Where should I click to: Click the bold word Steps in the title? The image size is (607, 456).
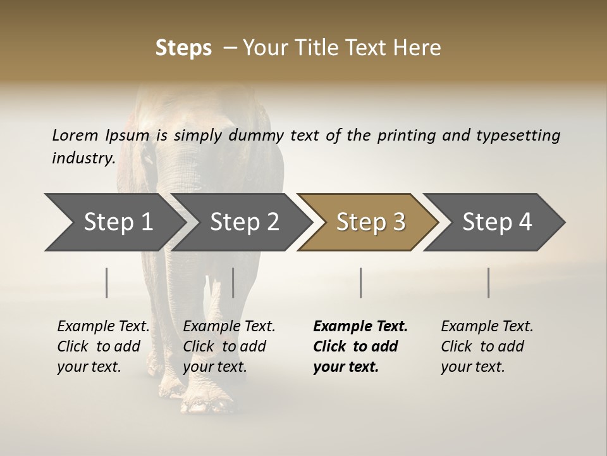click(x=183, y=48)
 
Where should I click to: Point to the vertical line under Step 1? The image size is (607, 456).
click(x=107, y=282)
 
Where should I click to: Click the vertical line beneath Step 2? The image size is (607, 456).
click(x=233, y=282)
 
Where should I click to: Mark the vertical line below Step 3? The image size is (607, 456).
click(x=361, y=282)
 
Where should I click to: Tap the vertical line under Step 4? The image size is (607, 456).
click(x=489, y=282)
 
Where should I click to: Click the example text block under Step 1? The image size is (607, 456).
click(x=103, y=346)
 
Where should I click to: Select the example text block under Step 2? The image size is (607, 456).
click(x=229, y=346)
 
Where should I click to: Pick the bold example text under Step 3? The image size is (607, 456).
click(x=360, y=346)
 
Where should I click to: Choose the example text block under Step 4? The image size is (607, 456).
click(x=487, y=346)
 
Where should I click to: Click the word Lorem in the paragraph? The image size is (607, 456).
click(x=75, y=136)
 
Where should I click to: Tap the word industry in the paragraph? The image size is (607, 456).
click(x=83, y=158)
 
